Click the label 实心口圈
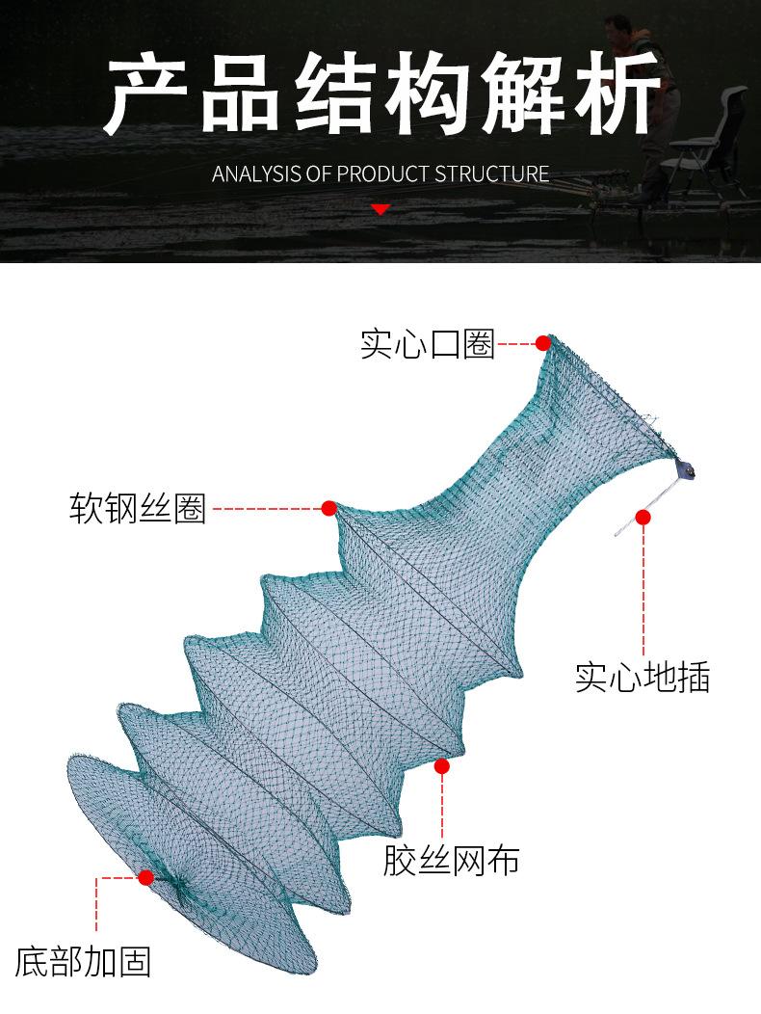point(428,344)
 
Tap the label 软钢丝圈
point(137,508)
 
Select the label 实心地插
point(643,677)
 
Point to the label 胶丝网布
point(451,861)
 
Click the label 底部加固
point(83,962)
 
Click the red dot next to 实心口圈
point(543,343)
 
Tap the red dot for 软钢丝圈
point(329,508)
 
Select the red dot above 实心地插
point(643,517)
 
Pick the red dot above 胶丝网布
point(441,766)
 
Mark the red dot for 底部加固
point(146,877)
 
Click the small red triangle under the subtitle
point(380,209)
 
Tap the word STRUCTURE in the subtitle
point(491,173)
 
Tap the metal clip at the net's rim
point(685,468)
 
